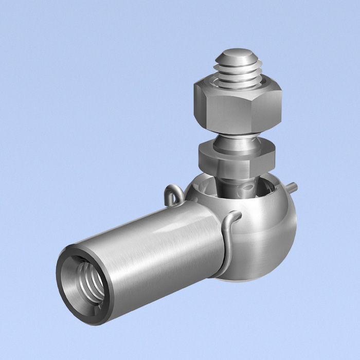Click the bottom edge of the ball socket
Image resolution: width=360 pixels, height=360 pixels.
[x=247, y=278]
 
